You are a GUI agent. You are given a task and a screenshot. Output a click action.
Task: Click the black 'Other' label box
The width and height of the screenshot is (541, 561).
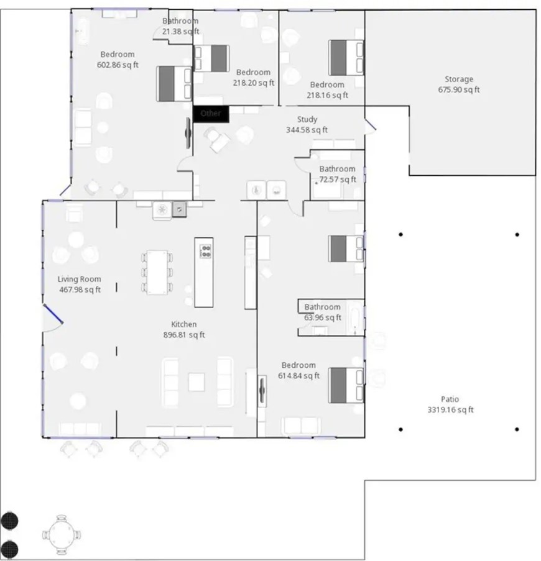tap(211, 114)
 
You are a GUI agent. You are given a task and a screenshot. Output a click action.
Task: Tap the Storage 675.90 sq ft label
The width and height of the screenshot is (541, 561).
tap(459, 84)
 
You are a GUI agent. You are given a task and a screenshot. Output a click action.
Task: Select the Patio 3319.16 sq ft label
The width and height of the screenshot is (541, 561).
tap(450, 405)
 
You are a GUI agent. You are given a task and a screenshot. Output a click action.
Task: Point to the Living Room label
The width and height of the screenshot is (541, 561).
tap(79, 285)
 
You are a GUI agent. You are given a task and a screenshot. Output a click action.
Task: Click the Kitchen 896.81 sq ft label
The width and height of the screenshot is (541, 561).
tap(184, 330)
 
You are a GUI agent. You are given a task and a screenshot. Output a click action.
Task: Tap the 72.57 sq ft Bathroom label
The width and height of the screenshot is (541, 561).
tap(338, 174)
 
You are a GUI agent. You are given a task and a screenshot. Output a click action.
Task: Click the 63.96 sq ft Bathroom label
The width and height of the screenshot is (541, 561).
tap(322, 312)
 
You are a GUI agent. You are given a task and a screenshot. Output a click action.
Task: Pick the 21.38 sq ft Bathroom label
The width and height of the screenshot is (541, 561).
tap(180, 26)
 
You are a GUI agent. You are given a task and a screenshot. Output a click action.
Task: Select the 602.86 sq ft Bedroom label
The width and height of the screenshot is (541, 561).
tap(118, 60)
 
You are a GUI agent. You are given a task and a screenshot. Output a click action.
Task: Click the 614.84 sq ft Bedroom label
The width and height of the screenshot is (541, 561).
tap(298, 370)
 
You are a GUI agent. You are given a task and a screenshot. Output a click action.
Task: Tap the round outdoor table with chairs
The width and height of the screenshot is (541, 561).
tap(62, 533)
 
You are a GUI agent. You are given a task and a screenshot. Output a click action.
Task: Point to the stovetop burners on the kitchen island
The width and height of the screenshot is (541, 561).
tap(205, 251)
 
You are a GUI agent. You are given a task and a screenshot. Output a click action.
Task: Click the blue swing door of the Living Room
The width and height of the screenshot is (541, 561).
tap(53, 316)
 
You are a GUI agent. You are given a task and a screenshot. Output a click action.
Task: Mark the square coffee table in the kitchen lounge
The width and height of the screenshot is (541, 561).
tap(197, 381)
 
